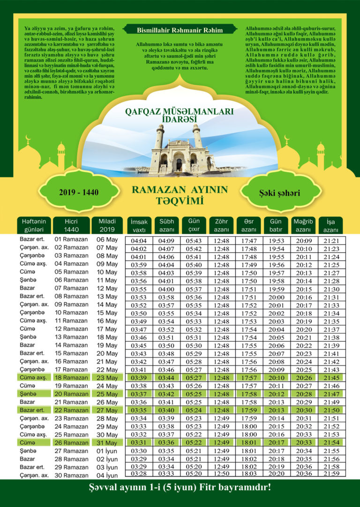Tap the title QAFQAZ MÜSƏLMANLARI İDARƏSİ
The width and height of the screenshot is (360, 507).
coord(180,116)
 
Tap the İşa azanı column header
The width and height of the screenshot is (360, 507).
coord(330,225)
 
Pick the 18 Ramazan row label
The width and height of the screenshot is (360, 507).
coord(71,378)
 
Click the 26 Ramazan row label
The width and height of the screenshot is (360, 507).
coord(71,443)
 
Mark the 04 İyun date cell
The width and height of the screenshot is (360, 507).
coord(107,475)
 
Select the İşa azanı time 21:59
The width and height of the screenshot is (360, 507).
coord(331,474)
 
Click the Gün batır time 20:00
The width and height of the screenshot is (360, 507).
coord(277,297)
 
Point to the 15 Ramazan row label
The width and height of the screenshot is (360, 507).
coord(71,353)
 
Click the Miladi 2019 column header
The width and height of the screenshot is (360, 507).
coord(107,225)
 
